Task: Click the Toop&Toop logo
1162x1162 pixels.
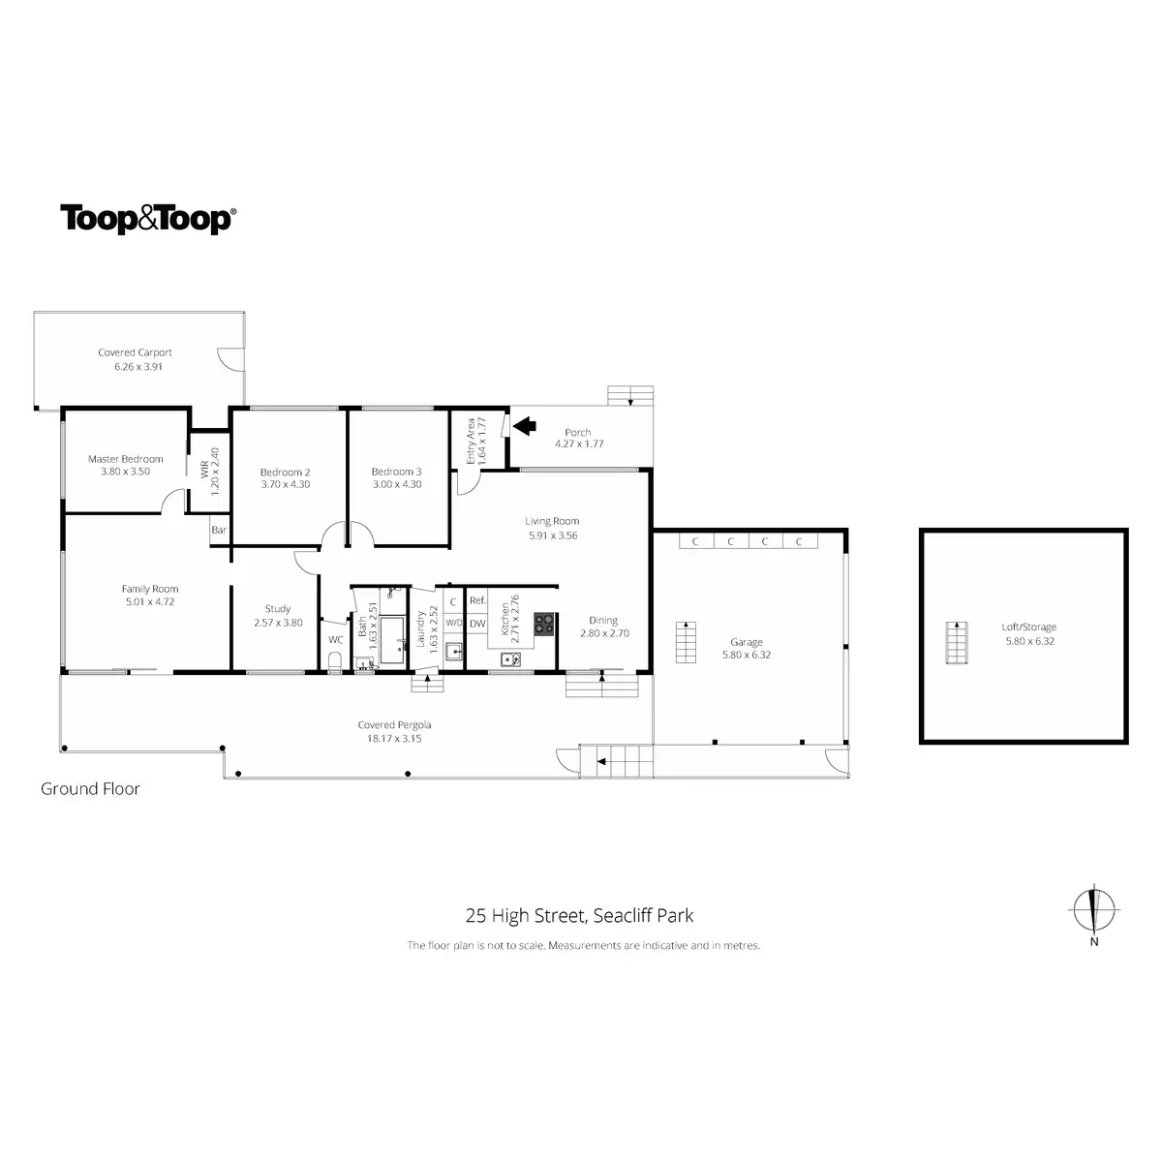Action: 147,219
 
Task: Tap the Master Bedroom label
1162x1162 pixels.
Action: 126,459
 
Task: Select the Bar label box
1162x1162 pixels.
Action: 219,531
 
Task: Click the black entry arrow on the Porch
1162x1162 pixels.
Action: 524,425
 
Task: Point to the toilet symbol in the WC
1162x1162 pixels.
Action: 335,660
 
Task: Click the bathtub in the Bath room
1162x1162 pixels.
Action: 393,641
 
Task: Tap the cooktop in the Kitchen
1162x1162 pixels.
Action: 544,625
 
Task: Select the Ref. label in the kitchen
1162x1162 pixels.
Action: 477,600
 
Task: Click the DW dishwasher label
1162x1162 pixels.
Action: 477,625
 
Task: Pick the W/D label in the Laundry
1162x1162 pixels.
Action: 454,625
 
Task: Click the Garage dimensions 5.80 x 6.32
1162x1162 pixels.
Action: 747,655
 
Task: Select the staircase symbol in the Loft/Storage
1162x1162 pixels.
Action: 957,642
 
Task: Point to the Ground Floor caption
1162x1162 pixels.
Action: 90,789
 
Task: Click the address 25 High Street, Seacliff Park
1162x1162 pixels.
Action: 580,915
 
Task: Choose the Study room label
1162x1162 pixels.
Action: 278,609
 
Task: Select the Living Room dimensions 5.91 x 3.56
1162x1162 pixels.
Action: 552,535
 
